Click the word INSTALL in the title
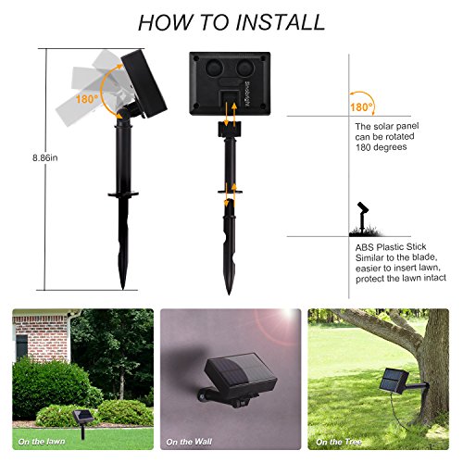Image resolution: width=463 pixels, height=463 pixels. point(281,22)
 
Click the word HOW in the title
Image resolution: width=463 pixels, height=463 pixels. point(165,22)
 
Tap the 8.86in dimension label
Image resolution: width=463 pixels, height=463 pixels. point(45,157)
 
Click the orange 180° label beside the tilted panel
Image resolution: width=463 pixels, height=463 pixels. point(87,99)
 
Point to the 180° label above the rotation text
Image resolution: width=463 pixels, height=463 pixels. point(361,107)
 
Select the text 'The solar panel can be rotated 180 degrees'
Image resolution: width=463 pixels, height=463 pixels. point(387,136)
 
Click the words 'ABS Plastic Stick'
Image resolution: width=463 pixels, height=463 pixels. point(391,247)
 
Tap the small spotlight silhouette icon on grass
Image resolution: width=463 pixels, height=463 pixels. point(364,219)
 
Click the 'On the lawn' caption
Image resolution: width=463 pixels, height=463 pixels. point(42,442)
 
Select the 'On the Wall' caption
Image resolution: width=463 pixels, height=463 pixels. point(189,442)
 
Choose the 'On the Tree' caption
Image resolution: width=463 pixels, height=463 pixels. point(339,442)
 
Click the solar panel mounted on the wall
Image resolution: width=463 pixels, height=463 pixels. point(241,374)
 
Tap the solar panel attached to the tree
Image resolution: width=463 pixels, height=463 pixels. point(394,381)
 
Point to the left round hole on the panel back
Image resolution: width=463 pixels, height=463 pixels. point(213,68)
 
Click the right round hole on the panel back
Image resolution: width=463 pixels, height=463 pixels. point(245,68)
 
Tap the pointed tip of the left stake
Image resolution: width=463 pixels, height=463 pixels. point(123,289)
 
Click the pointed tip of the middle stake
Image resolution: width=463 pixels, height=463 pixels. point(229,294)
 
